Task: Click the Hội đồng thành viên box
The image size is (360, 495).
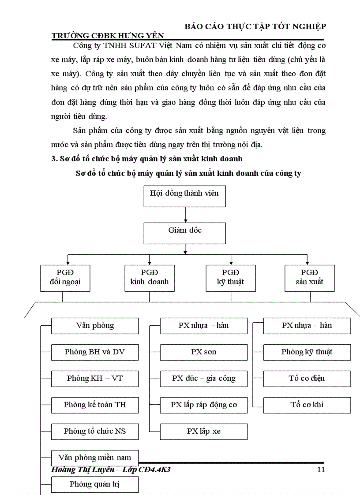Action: point(184,196)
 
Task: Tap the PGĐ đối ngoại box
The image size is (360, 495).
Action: point(65,278)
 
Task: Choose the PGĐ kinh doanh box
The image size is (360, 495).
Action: point(149,278)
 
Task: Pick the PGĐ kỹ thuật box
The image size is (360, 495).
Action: point(231,278)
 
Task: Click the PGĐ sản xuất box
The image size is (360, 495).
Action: point(309,278)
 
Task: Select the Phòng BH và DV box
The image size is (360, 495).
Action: point(95,352)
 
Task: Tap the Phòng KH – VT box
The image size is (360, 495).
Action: point(95,379)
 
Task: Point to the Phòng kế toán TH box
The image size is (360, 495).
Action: point(95,405)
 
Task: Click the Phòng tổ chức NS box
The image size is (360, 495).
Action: point(95,432)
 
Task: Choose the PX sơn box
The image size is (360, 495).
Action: point(203,352)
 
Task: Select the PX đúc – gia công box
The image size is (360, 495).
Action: point(203,379)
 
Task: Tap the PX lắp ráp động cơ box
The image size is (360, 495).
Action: point(203,405)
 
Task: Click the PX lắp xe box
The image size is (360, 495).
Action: point(203,432)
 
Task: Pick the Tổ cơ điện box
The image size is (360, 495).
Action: point(307,379)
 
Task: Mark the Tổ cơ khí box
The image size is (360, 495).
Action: point(307,405)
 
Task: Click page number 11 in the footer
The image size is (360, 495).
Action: point(321,469)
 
